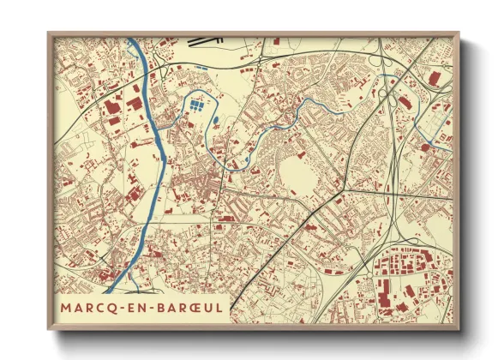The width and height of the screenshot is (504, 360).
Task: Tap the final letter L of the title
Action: point(219,306)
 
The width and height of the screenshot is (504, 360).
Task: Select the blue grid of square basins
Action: point(197,107)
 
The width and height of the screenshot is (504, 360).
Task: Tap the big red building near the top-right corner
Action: point(434,78)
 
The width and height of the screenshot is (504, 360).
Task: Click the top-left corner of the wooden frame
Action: point(50,34)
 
